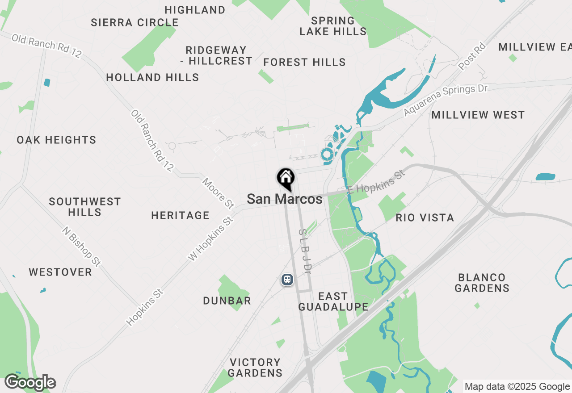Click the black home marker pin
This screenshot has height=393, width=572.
point(286,179)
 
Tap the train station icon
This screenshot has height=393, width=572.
point(287,280)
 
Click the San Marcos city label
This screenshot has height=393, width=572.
point(285,199)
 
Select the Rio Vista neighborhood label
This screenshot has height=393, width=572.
point(425,218)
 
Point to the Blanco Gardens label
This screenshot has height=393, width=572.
point(482,283)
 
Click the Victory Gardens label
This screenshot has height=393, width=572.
point(256,368)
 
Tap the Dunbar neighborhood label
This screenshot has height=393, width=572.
point(227,301)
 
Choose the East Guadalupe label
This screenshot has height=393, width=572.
point(333,301)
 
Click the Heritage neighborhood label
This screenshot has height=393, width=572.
point(180,216)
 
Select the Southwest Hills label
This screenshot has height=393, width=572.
point(85,207)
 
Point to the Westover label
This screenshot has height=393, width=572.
point(60,272)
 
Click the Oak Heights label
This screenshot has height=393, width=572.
point(56,140)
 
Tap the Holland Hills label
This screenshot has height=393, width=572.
point(152,78)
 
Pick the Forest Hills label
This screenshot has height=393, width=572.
point(304,63)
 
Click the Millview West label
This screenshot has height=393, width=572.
point(478,115)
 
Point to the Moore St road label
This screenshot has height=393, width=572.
point(218,193)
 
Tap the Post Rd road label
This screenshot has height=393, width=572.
point(472,56)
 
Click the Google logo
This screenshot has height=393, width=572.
point(30,383)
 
